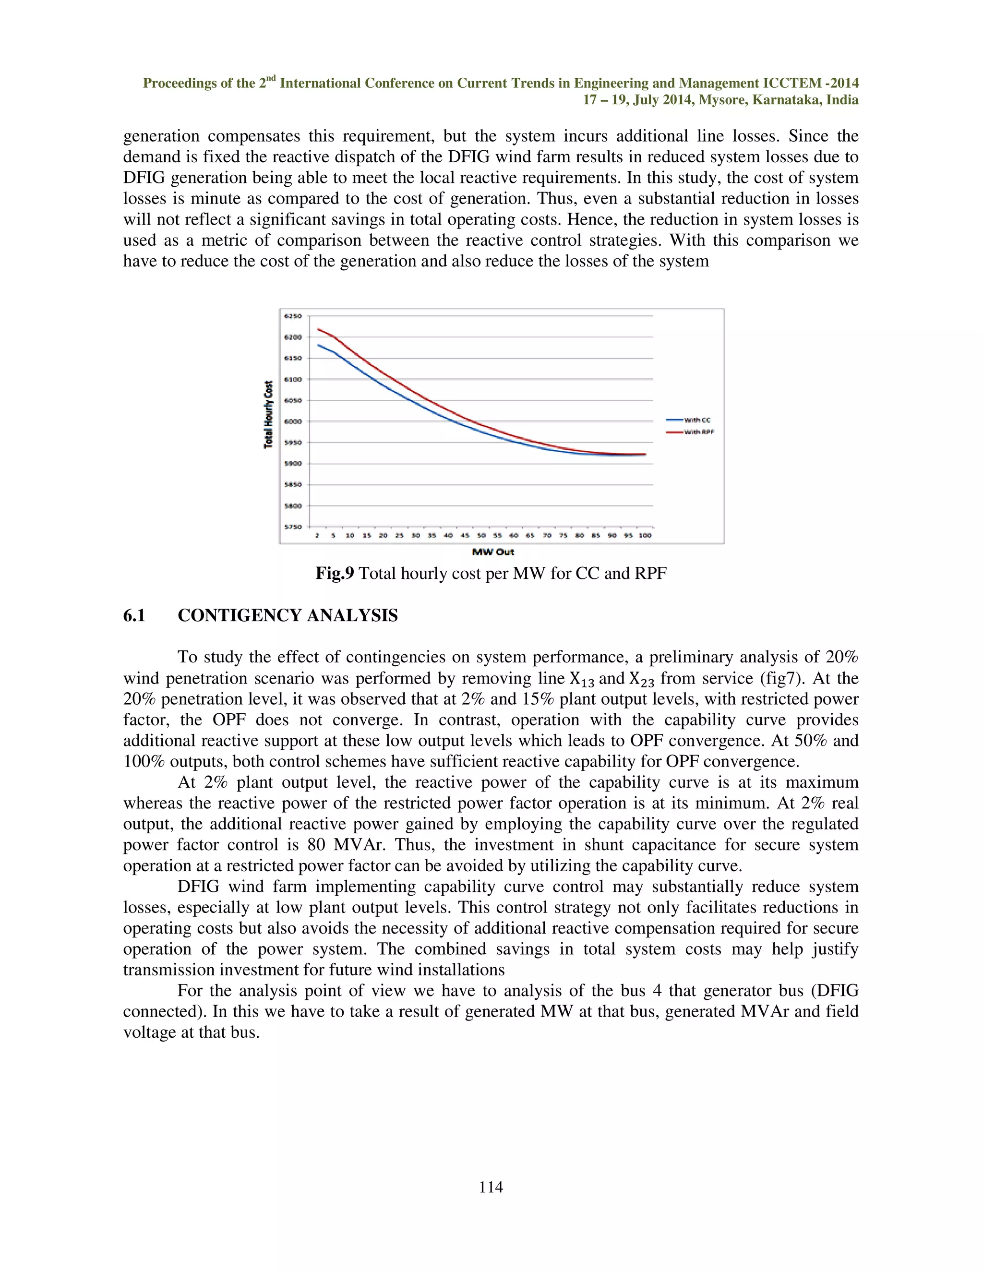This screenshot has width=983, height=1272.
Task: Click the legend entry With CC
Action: [x=696, y=420]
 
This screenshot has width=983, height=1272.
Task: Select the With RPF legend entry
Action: [x=698, y=432]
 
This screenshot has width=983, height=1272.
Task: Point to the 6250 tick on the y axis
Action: [x=293, y=316]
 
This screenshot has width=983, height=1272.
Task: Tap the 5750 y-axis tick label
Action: [x=293, y=527]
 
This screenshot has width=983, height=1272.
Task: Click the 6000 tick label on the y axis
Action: [x=293, y=421]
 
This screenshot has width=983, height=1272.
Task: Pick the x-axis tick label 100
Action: [x=645, y=535]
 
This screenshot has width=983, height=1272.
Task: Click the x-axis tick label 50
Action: [x=481, y=535]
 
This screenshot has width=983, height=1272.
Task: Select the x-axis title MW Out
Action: [x=492, y=552]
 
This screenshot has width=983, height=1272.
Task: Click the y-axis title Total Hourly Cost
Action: [x=268, y=415]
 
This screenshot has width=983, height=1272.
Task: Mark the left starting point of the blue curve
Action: [x=317, y=345]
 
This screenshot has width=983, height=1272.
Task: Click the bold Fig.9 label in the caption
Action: [x=334, y=574]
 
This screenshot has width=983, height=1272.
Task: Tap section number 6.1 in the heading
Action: [x=134, y=616]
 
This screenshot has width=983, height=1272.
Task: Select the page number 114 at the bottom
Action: [x=491, y=1187]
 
